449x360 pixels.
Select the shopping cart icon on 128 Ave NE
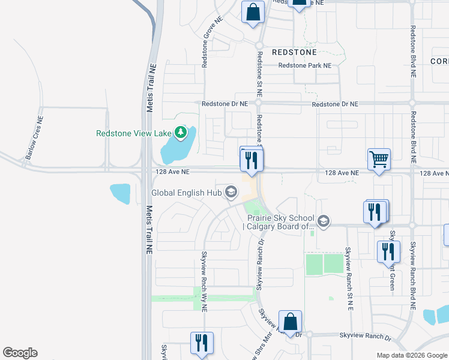pos(379,160)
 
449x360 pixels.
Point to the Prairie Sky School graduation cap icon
pos(324,222)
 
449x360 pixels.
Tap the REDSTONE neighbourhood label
pos(294,52)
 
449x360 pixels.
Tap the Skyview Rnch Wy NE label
pos(204,281)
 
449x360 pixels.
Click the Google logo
pos(20,353)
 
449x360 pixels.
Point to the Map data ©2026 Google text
pos(411,355)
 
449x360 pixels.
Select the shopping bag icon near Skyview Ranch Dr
pos(291,322)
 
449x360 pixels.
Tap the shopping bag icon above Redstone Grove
pos(253,11)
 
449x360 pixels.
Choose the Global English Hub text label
pos(185,193)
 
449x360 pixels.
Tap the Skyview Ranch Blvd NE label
pos(412,276)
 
